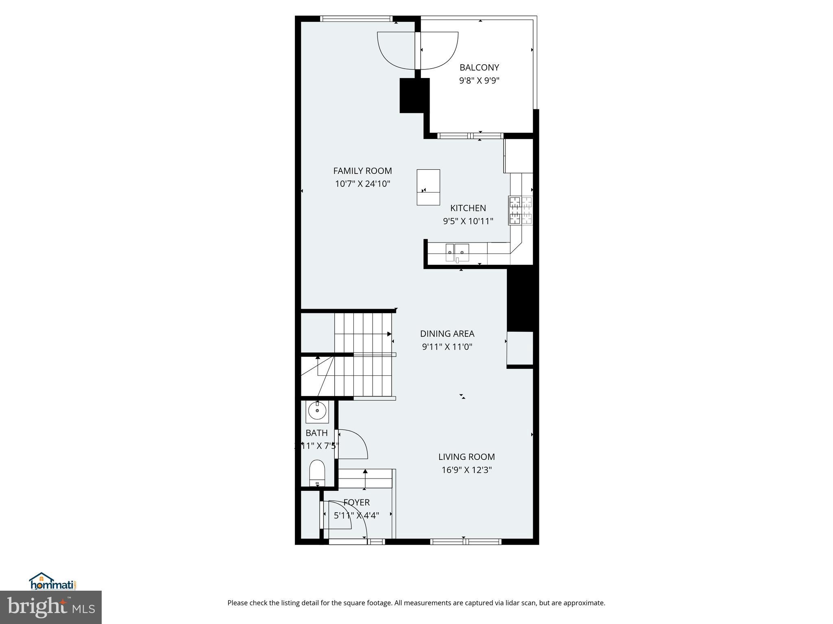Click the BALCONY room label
pos(479,67)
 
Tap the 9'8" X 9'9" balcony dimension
pos(479,80)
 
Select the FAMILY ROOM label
pos(362,171)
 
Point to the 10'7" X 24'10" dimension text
pos(362,184)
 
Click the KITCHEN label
pos(468,208)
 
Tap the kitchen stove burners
pos(520,210)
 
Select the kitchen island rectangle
pos(428,187)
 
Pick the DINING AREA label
pos(447,334)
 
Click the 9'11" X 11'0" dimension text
pos(447,347)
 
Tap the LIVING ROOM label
pos(467,457)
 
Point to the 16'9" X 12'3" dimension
pos(467,470)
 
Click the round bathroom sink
pos(317,411)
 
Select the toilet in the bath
pos(317,473)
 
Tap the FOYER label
pos(357,503)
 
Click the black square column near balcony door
pos(414,95)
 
